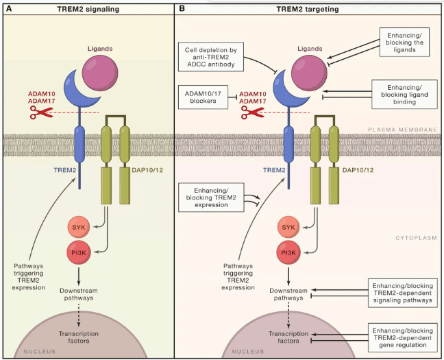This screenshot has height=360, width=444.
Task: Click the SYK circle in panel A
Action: tap(78, 227)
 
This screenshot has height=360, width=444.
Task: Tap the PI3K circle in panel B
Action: tap(288, 252)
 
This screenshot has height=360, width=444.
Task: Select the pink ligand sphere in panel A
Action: tap(100, 73)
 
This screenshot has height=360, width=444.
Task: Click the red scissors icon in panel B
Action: tap(253, 112)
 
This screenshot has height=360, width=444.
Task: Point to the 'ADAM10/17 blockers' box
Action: tap(203, 97)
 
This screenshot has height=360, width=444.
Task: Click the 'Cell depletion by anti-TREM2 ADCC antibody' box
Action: tap(211, 57)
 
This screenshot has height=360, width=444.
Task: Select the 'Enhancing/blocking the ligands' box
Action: tap(404, 43)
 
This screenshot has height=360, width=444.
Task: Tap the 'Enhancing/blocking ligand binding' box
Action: tap(404, 95)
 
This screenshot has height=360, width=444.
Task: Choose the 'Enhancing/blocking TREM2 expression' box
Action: tap(211, 197)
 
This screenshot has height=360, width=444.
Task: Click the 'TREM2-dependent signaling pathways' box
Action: tap(403, 293)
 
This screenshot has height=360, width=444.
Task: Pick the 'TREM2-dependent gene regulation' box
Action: tap(403, 337)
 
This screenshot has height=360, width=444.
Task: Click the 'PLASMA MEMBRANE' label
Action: tap(402, 130)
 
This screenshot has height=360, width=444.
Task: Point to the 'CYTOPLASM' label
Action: tap(416, 238)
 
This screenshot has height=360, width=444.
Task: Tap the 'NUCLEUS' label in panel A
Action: tap(39, 352)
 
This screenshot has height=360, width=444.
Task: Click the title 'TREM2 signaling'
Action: tap(88, 9)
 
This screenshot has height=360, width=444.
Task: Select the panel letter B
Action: tap(182, 8)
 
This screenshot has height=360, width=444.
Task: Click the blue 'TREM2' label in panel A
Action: tap(65, 170)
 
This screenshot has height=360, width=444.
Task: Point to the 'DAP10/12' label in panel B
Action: tap(358, 170)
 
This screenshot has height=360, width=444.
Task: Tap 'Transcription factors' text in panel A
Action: tap(79, 337)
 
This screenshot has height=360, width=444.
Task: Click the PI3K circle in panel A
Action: tap(78, 252)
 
